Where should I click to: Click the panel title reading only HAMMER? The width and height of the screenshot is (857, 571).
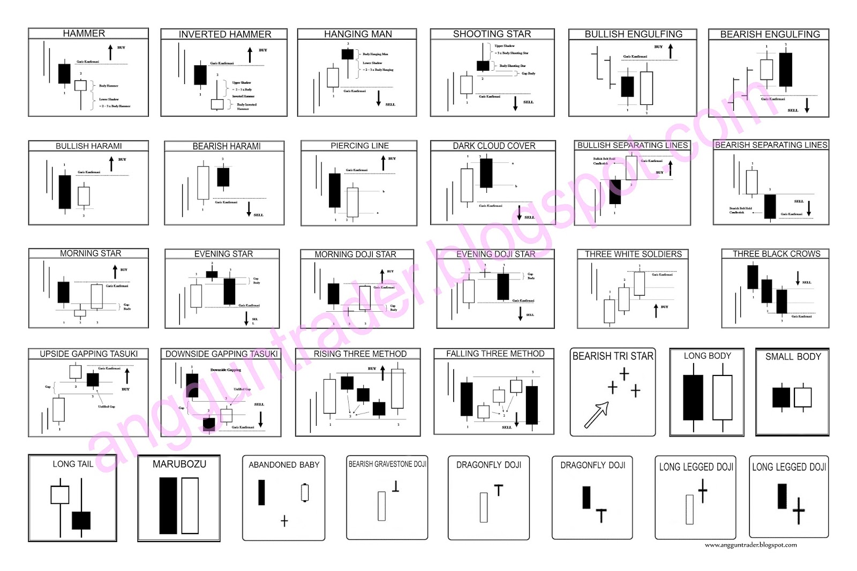[84, 33]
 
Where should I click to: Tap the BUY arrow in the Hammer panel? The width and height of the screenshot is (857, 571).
[110, 52]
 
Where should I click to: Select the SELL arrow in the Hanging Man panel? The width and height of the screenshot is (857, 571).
[378, 98]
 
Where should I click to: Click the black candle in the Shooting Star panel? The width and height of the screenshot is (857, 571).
[483, 66]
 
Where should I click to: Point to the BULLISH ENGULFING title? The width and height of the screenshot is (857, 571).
[633, 34]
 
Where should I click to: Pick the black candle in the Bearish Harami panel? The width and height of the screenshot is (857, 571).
[223, 177]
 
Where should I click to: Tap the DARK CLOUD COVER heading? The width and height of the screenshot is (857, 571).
[494, 146]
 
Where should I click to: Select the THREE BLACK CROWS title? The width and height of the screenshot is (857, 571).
[776, 254]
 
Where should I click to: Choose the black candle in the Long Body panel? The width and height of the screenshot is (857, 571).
[693, 397]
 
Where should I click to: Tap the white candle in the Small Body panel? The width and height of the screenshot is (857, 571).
[802, 397]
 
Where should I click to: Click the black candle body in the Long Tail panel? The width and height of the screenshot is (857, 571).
[81, 520]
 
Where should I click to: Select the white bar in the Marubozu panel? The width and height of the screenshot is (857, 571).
[190, 505]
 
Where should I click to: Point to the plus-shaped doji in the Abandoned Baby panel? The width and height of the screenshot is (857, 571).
[284, 521]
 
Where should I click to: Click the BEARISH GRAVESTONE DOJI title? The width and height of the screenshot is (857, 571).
[387, 464]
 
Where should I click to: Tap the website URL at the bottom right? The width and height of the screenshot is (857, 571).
[750, 545]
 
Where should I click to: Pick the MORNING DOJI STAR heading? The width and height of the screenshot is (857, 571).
[355, 254]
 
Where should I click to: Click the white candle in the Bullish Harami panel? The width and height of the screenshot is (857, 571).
[84, 196]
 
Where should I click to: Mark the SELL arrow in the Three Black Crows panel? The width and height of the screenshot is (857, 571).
[798, 278]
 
